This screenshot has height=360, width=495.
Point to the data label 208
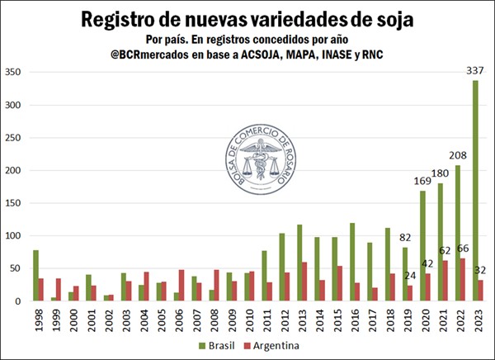[457, 155]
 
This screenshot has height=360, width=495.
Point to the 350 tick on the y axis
[14, 73]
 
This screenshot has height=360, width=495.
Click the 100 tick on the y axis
[14, 236]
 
